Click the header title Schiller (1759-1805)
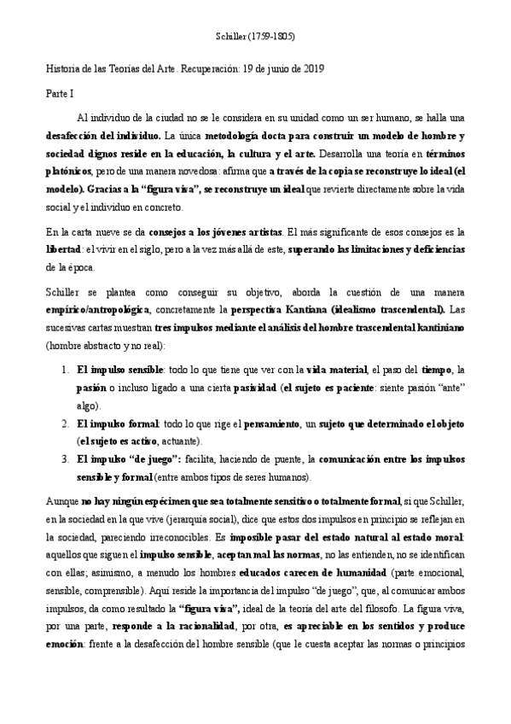pos(255,37)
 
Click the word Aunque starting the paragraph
pos(61,496)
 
